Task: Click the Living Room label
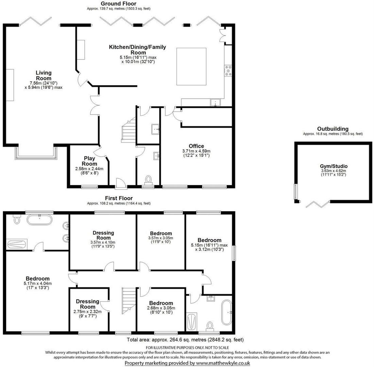44,75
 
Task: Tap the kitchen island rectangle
191,67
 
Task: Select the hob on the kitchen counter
227,70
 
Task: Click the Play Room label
89,161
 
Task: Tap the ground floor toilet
148,179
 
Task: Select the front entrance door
121,183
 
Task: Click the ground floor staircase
129,130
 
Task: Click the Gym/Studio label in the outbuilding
334,166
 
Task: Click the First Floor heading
119,198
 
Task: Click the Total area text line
185,339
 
